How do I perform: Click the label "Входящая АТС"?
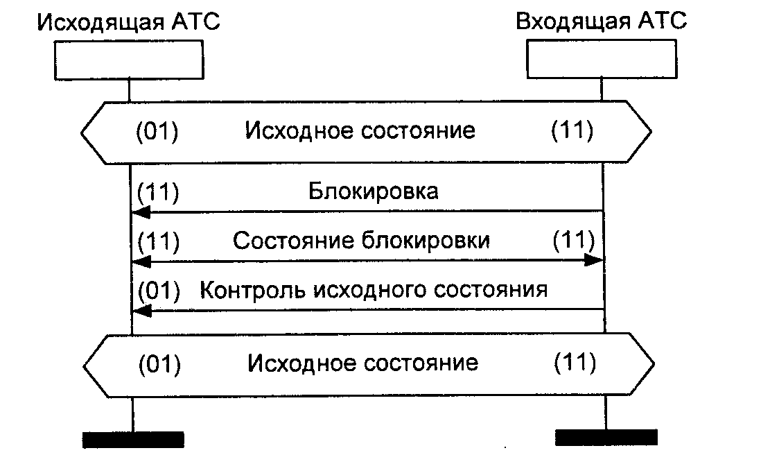601,21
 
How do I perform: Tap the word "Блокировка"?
373,191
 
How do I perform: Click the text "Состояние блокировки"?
361,241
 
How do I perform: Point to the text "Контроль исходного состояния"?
374,289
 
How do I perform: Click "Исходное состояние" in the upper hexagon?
360,131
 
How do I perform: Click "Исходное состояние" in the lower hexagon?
362,363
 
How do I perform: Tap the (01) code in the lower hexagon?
159,363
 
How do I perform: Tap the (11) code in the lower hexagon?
574,362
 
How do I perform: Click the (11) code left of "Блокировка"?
159,191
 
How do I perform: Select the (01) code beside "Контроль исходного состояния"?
159,290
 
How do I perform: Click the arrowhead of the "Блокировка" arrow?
140,212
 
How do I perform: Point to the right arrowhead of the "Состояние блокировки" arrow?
595,261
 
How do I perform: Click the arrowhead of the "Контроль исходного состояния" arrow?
140,311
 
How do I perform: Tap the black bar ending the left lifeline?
133,438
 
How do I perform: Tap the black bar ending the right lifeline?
606,436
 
